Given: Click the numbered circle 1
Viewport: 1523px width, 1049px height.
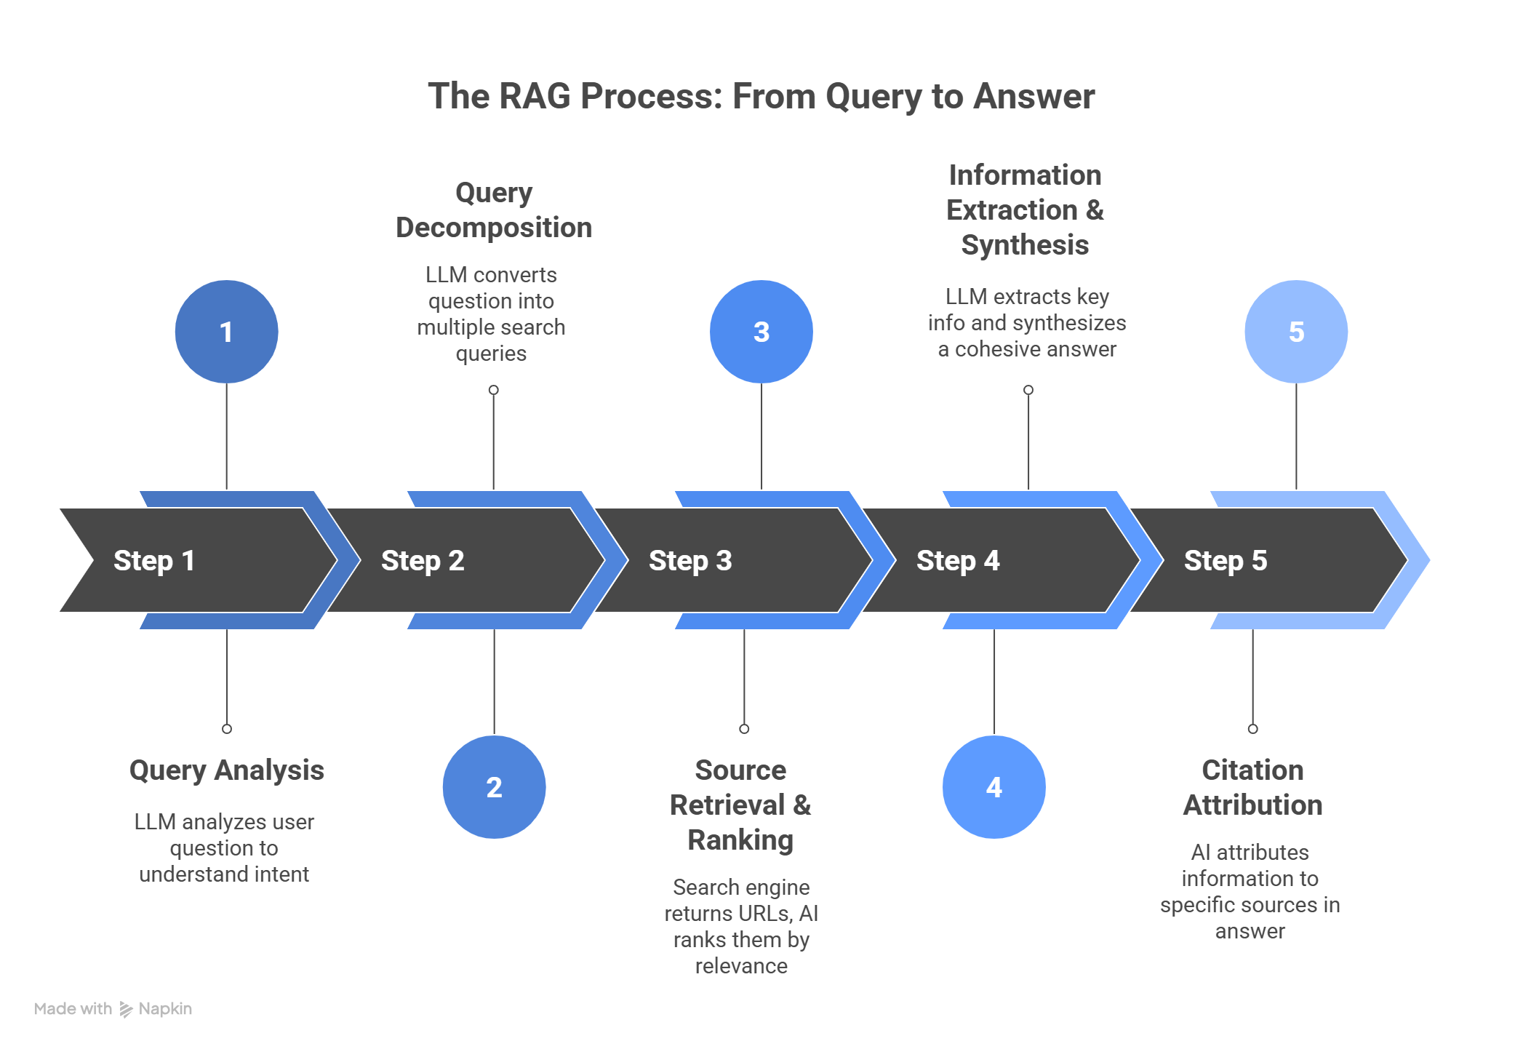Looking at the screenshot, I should click(226, 332).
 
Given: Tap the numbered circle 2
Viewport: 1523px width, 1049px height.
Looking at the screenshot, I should click(494, 787).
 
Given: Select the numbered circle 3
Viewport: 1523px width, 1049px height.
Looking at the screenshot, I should click(761, 332).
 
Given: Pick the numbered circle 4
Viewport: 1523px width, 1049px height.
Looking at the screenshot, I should click(994, 787).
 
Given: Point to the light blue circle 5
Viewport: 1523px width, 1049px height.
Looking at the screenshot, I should click(1296, 332).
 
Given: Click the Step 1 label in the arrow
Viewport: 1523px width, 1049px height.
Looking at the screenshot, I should click(154, 561).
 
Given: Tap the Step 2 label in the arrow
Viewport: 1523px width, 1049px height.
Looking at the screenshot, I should click(423, 561).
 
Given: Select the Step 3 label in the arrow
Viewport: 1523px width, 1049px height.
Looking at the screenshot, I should click(690, 561).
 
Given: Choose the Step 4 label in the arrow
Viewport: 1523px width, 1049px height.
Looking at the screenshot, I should click(958, 561).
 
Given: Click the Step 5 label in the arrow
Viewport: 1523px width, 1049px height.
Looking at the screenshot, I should click(1226, 561).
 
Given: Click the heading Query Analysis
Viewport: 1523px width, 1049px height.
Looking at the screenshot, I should click(226, 770).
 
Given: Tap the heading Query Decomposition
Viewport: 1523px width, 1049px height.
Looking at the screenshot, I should click(494, 210).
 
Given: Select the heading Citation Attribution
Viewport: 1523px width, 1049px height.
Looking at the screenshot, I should click(1252, 788).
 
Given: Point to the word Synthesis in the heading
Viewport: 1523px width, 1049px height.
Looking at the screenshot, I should click(1025, 245).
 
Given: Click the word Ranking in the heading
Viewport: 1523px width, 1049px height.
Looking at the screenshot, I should click(740, 840).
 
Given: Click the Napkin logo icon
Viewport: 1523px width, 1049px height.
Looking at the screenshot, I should click(126, 1010).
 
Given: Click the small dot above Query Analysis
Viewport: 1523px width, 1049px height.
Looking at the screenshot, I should click(227, 728).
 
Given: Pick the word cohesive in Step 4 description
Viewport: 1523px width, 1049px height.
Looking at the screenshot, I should click(1007, 350).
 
